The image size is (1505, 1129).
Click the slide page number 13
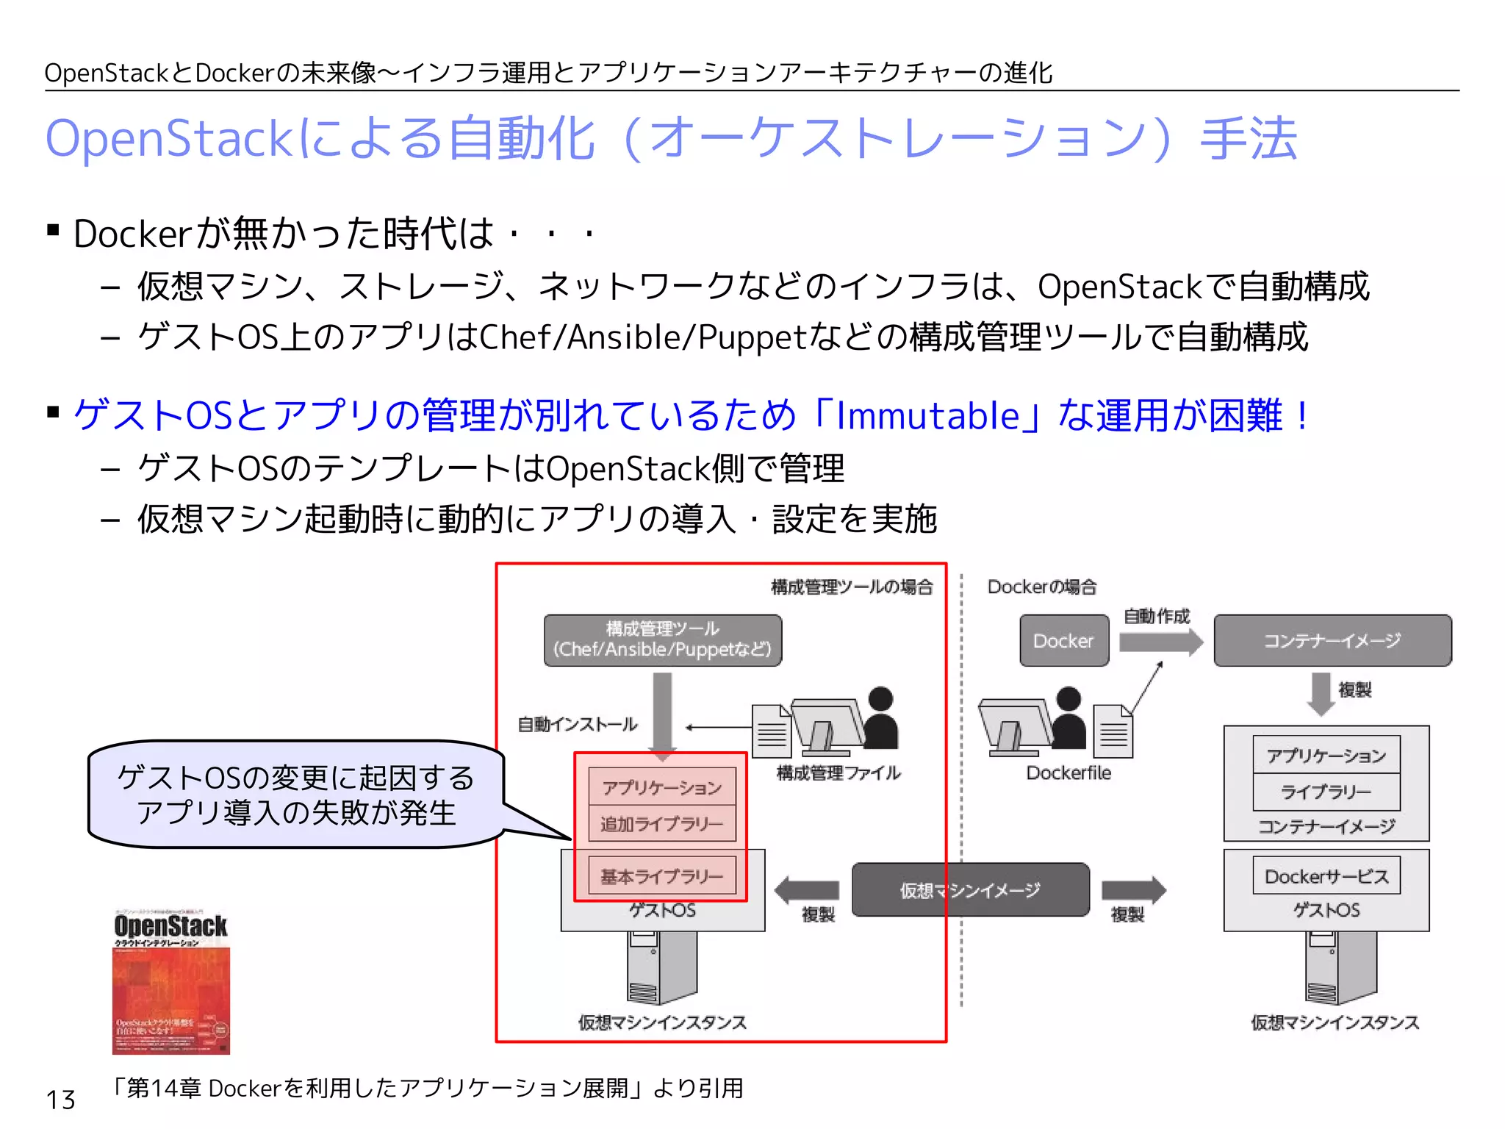coord(60,1100)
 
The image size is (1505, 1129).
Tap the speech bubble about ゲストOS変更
coord(295,795)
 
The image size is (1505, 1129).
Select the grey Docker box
coord(1063,641)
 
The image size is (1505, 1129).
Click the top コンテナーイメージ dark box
coord(1332,641)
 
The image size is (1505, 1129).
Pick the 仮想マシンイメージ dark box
coord(970,890)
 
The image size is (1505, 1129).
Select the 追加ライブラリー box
coord(662,824)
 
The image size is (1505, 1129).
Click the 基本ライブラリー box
coord(662,876)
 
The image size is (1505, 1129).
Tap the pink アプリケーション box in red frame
coord(662,787)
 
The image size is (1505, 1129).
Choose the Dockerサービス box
coord(1326,876)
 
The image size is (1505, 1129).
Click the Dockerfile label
coord(1068,773)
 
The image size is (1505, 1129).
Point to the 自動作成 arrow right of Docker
coord(1160,642)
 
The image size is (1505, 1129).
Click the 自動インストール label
coord(577,725)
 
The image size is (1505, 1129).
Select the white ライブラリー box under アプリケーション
coord(1326,792)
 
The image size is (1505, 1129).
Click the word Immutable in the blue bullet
coord(927,415)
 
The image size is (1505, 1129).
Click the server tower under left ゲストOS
coord(662,967)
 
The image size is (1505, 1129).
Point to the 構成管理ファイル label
coord(838,773)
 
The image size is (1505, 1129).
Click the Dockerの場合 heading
coord(1041,587)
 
